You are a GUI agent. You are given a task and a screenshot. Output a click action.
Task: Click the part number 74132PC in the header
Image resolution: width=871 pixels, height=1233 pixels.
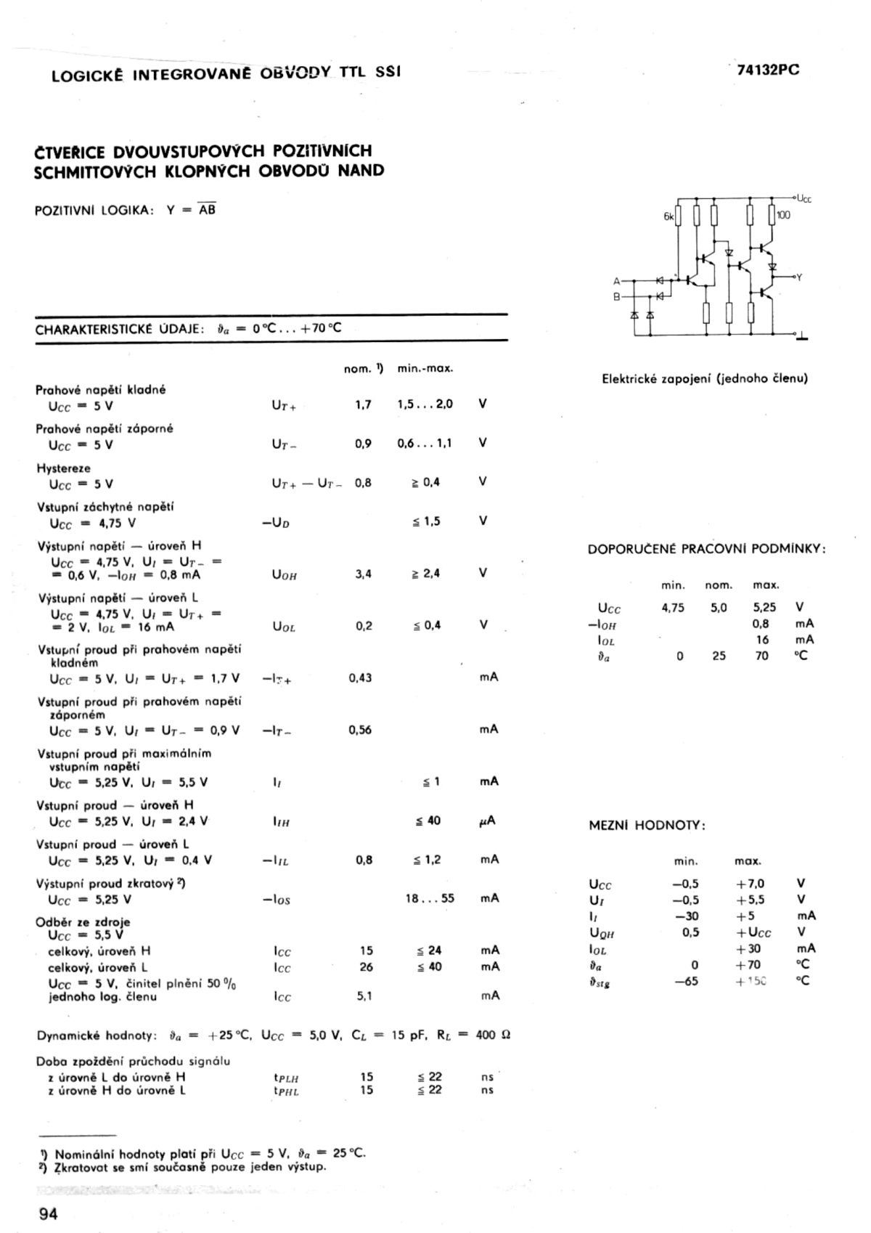point(768,70)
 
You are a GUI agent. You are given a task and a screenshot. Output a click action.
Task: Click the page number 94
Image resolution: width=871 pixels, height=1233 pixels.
point(48,1213)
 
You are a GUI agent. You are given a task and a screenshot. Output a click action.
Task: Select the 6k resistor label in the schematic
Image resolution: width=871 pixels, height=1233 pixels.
point(668,216)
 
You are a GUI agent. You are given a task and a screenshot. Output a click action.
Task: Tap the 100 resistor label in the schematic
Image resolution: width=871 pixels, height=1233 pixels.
point(783,216)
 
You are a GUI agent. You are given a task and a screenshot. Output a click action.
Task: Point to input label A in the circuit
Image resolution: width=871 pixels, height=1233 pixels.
point(617,280)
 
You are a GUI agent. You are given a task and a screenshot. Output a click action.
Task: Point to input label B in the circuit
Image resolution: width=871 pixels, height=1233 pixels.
point(617,296)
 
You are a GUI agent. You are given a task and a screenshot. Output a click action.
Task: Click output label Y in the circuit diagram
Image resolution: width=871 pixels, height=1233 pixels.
point(799,277)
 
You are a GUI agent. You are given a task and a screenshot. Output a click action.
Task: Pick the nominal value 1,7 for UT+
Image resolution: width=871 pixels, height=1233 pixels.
point(363,404)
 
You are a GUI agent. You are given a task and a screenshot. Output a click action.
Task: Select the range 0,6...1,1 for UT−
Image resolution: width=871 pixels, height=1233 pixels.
point(425,443)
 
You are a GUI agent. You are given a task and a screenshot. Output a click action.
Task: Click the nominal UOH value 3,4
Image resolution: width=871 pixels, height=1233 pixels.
point(363,574)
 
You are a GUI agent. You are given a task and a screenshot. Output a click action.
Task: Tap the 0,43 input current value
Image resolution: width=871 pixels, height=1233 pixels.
point(360,677)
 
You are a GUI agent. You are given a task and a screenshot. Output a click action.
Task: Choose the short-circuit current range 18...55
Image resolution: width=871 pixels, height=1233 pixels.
point(430,898)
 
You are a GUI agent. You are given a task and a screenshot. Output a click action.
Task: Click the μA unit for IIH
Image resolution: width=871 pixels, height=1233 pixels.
point(488,821)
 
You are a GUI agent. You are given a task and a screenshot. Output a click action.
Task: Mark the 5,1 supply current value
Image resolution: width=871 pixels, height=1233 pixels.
point(364,996)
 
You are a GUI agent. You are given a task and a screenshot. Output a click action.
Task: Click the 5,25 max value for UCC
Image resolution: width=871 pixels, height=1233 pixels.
point(764,608)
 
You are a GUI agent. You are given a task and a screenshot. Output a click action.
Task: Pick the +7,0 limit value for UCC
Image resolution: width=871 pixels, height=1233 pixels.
point(751,884)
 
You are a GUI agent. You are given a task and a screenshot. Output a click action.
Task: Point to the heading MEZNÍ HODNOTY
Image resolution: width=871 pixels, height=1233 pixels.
point(647,826)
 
